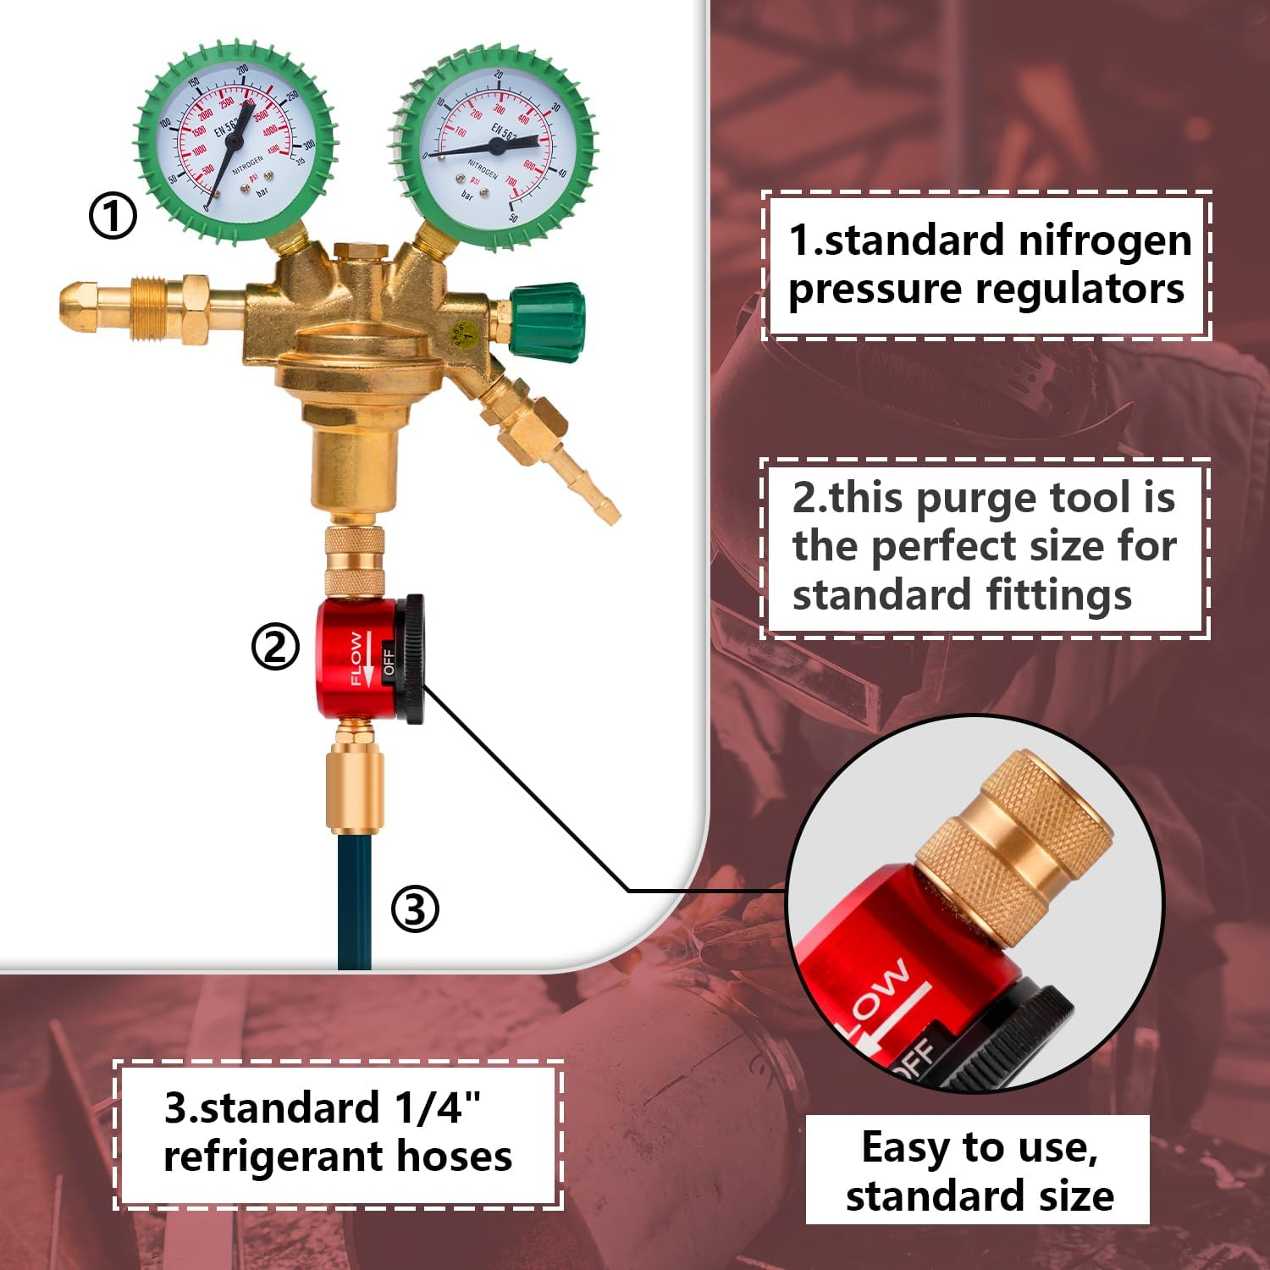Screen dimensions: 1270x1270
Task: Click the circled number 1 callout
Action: pos(113,216)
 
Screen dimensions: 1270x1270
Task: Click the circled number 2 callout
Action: pos(275,648)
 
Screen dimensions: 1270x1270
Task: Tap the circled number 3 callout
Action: pos(415,910)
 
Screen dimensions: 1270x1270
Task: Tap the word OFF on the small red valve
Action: pos(389,661)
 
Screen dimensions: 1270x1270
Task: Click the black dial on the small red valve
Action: pos(412,659)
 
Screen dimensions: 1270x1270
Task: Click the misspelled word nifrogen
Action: pos(1104,240)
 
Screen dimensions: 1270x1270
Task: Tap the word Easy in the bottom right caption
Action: pos(905,1148)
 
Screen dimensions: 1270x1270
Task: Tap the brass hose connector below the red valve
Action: pos(355,787)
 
